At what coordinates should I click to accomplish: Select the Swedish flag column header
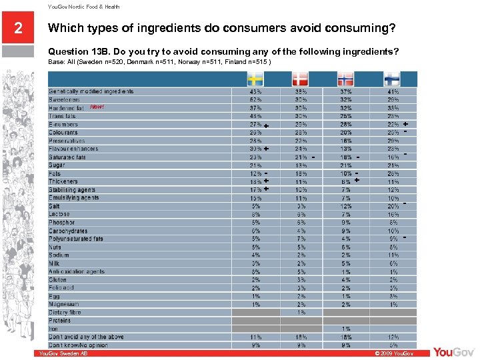255,78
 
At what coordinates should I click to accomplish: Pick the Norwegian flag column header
346,78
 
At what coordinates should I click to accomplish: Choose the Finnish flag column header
393,78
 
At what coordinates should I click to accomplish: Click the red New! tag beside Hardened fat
97,107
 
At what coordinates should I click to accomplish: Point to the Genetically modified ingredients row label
91,91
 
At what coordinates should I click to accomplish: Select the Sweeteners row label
64,99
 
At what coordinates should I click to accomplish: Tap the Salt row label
54,206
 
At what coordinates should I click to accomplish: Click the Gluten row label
57,280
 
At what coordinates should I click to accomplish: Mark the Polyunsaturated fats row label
76,239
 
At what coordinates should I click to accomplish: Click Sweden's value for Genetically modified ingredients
255,91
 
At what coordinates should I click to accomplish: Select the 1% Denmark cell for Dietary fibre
301,313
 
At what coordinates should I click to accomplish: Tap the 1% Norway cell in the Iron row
347,329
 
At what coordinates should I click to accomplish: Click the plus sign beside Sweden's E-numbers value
266,125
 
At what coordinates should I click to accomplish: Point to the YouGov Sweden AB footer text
63,353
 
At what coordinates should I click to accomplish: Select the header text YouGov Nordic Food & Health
83,7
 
